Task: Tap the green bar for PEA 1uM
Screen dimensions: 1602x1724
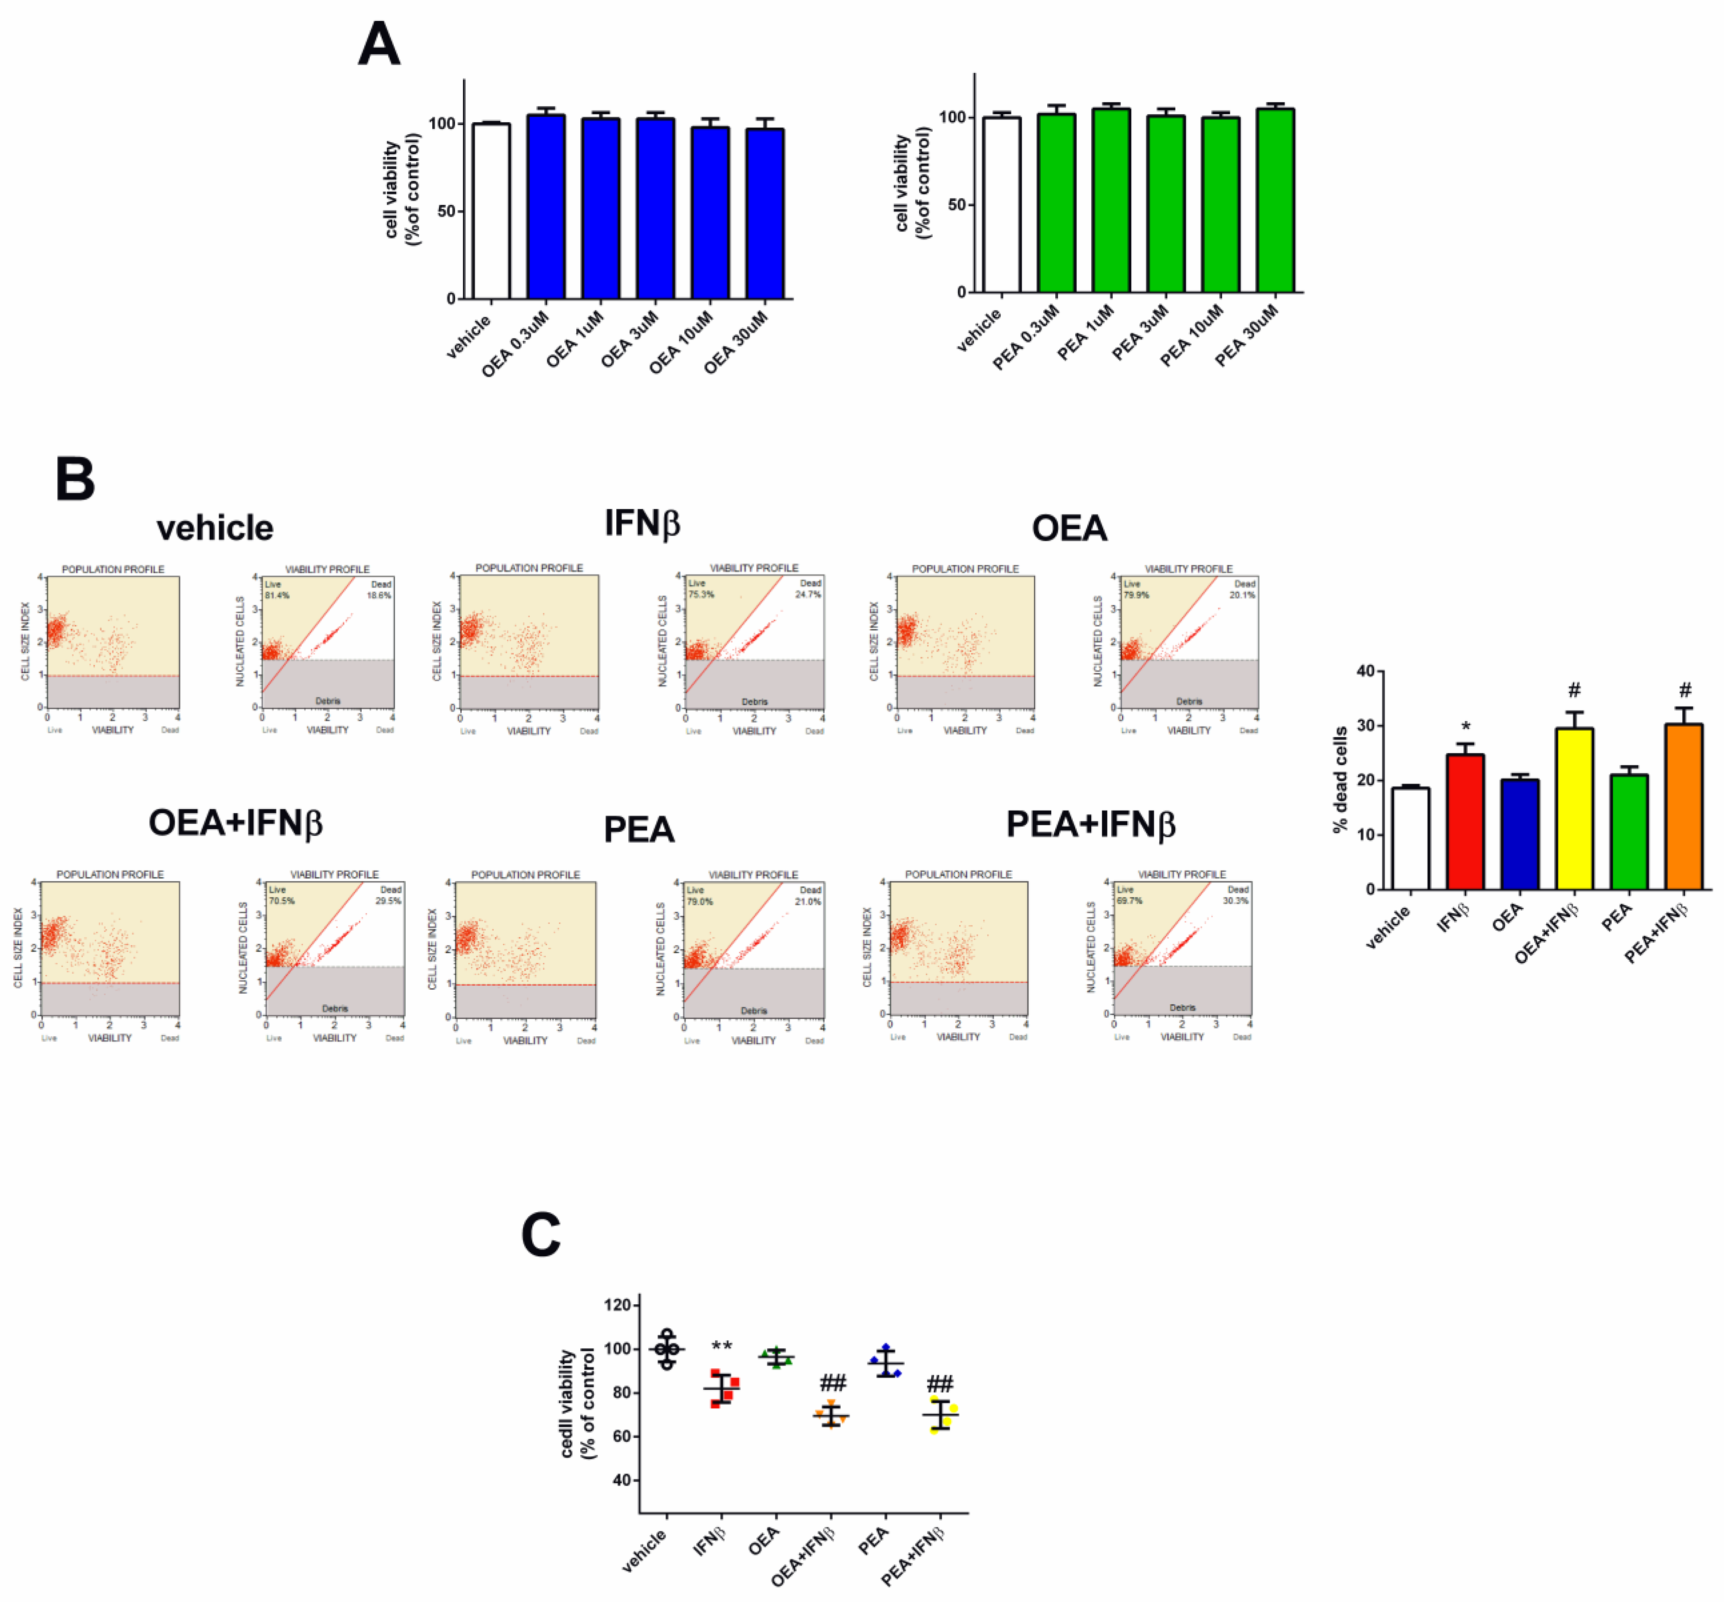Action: [x=1111, y=201]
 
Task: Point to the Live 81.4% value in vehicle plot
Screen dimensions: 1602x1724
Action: [x=277, y=595]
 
